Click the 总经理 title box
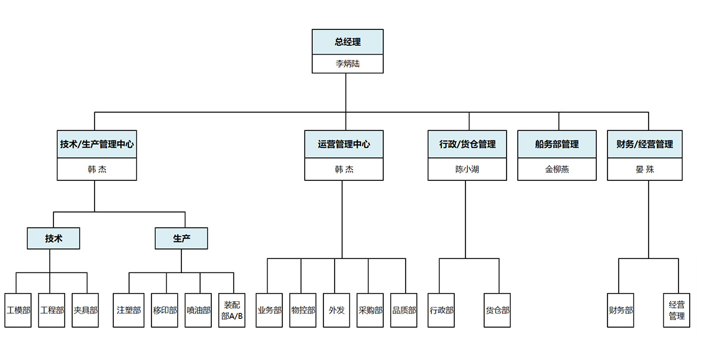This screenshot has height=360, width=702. pyautogui.click(x=347, y=42)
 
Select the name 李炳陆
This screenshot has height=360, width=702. pyautogui.click(x=347, y=64)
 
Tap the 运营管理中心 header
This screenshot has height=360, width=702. pyautogui.click(x=344, y=144)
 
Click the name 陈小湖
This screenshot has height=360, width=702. pyautogui.click(x=467, y=169)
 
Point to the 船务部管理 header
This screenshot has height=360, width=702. pyautogui.click(x=556, y=144)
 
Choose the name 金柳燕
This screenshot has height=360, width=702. pyautogui.click(x=556, y=169)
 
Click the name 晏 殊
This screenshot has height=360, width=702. pyautogui.click(x=644, y=169)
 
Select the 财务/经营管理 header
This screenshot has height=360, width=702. pyautogui.click(x=644, y=144)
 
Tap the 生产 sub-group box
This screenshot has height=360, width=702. pyautogui.click(x=181, y=238)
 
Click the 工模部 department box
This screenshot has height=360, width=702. pyautogui.click(x=18, y=310)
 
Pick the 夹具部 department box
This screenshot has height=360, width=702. pyautogui.click(x=85, y=310)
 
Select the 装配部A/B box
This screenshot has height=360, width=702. pyautogui.click(x=232, y=310)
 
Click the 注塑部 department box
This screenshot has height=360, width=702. pyautogui.click(x=129, y=310)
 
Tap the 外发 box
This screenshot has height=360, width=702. pyautogui.click(x=336, y=310)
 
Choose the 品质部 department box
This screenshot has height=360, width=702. pyautogui.click(x=404, y=310)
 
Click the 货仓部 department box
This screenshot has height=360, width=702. pyautogui.click(x=497, y=310)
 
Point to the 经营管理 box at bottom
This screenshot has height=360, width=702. pyautogui.click(x=676, y=310)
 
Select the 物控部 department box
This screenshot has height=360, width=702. pyautogui.click(x=303, y=310)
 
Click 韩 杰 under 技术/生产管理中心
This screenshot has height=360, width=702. pyautogui.click(x=97, y=169)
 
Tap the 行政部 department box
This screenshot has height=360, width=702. pyautogui.click(x=441, y=310)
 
